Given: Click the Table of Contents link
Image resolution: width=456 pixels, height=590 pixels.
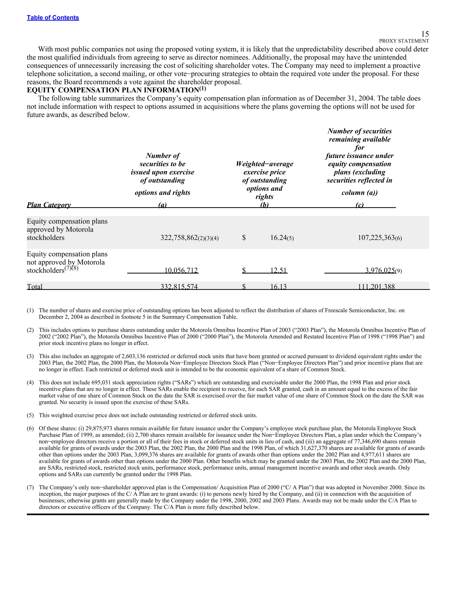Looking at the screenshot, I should (53, 18).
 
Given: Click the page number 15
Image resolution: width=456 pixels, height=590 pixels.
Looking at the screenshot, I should (425, 34).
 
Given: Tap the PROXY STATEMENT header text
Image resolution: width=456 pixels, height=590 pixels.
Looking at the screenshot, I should (404, 41).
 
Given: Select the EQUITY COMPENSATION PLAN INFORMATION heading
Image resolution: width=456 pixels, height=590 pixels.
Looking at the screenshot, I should (113, 90).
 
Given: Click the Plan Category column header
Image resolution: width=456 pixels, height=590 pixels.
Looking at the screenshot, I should (49, 205).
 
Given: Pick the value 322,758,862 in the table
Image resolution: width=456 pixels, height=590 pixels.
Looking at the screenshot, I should (179, 238).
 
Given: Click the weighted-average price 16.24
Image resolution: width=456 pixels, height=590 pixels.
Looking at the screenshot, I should (278, 238).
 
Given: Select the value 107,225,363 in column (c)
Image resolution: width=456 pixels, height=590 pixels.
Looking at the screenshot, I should (376, 238).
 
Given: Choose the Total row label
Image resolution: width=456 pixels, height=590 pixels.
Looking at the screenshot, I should (35, 287).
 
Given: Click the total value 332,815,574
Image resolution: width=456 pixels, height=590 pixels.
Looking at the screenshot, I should (179, 287).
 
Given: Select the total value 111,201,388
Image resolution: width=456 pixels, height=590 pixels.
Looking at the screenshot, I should (376, 287).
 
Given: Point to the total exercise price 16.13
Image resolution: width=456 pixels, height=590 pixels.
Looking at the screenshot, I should (278, 287).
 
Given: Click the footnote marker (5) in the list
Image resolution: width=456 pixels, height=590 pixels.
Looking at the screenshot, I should (30, 415).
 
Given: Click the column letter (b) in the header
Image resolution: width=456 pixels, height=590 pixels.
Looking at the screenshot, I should (264, 205).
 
